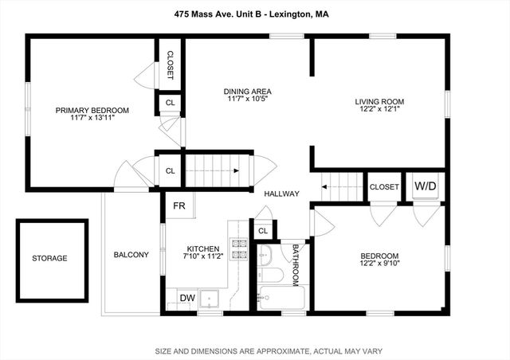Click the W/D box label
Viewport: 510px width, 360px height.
425,186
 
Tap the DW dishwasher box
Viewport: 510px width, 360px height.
187,298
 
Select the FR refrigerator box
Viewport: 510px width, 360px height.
179,206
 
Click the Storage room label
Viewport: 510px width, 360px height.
49,258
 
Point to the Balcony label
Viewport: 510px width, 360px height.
131,255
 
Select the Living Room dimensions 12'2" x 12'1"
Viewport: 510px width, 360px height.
379,110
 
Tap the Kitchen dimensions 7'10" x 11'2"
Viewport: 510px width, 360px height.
196,256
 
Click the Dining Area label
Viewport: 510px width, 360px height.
247,92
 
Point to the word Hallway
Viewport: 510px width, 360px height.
281,194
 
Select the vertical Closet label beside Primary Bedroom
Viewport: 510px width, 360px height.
170,65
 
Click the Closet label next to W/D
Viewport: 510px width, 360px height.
384,187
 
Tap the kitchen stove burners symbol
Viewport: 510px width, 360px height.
238,249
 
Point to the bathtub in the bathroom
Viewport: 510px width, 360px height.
280,298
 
